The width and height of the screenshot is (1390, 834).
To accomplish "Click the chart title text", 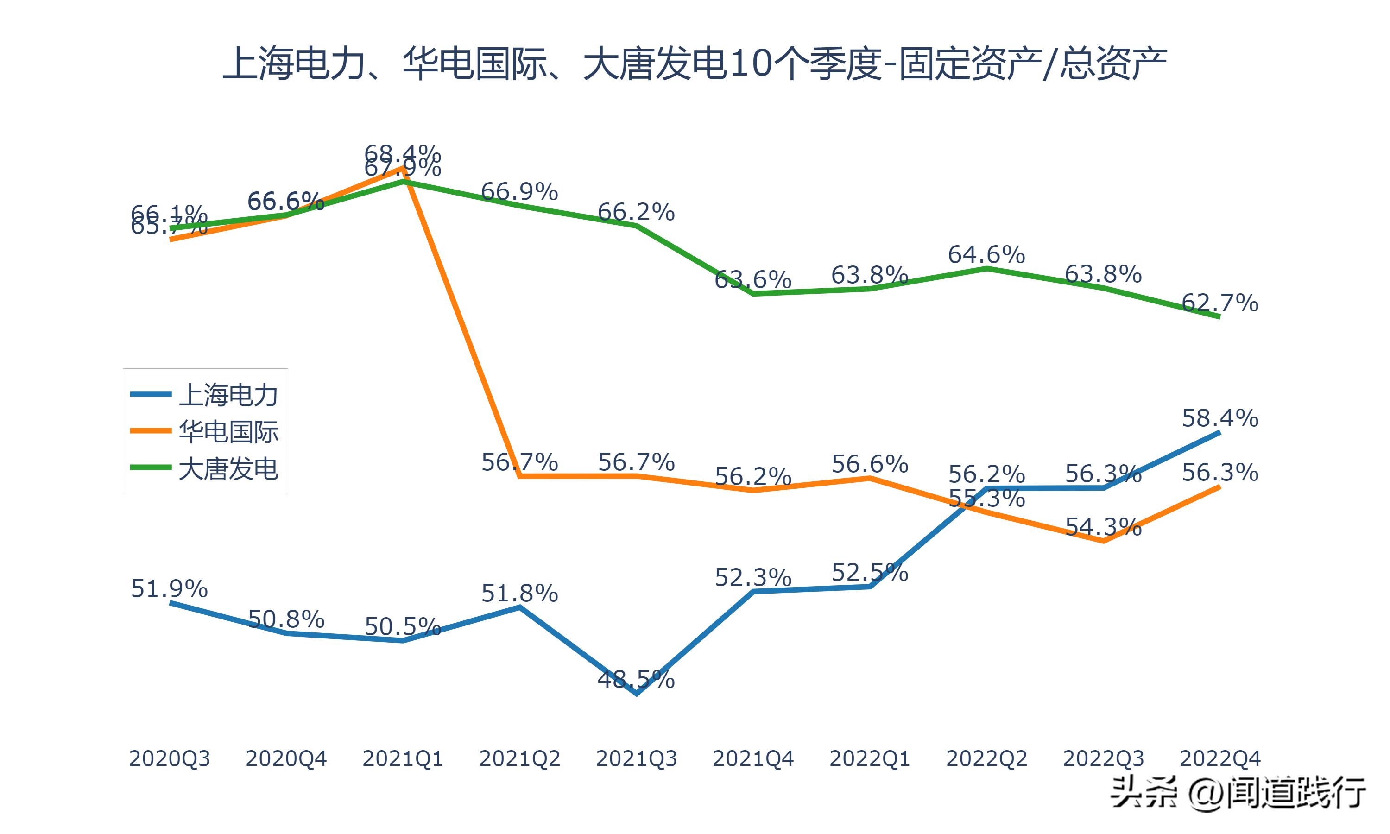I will coord(695,63).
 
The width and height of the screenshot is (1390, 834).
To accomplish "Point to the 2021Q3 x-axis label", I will coord(636,758).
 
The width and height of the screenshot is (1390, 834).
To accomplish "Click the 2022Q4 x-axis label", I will coord(1220,758).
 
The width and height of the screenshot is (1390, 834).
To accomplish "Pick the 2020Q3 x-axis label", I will coord(169,758).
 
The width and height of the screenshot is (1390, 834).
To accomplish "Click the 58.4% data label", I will coord(1220,418).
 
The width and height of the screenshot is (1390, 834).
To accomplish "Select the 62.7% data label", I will coord(1220,303).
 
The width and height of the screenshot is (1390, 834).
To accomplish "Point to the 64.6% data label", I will coord(986,254).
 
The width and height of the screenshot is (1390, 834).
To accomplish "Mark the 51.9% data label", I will coord(169,588).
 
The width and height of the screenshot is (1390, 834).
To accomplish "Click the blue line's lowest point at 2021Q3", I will coord(636,694).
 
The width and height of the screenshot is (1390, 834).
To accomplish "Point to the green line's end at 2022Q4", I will coord(1219,317).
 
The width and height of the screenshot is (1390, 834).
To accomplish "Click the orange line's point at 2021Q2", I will coord(520,476).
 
